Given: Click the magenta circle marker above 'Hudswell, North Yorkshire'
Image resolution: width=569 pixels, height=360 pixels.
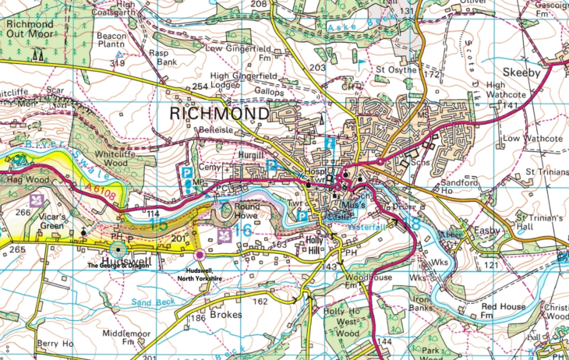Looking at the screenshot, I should tap(200, 254).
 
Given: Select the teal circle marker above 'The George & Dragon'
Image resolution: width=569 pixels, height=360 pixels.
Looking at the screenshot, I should tap(115, 246).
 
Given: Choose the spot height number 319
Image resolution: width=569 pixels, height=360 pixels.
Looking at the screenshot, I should tap(118, 63).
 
